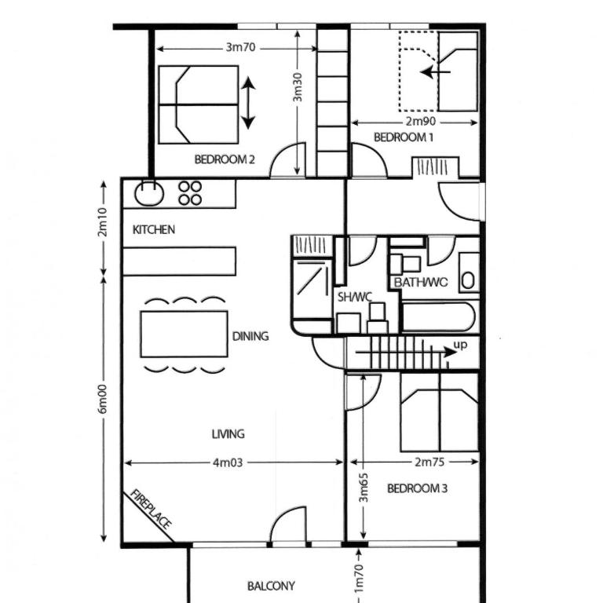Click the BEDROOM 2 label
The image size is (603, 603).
pos(225,159)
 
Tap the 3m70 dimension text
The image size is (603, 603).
pos(240,47)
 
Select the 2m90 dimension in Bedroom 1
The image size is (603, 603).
pos(421,122)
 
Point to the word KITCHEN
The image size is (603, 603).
pos(153,229)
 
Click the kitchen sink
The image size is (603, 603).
pos(149,192)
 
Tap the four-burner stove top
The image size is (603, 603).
pos(190,193)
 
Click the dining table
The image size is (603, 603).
pos(185,334)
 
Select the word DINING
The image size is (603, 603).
pos(250,337)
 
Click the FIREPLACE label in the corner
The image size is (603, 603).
pos(151,509)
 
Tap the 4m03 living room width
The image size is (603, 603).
pos(228,462)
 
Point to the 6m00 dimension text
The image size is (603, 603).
pos(102,399)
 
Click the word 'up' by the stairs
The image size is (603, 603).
pos(460,345)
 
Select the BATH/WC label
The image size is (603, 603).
pos(421,283)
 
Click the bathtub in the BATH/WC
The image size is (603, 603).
pos(438,317)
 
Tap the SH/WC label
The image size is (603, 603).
pos(355,297)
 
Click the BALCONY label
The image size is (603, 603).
pos(271,586)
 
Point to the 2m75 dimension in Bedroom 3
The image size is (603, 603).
pos(429,462)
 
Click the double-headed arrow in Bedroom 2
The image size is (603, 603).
pos(248,103)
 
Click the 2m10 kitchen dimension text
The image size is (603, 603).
pos(103,222)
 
